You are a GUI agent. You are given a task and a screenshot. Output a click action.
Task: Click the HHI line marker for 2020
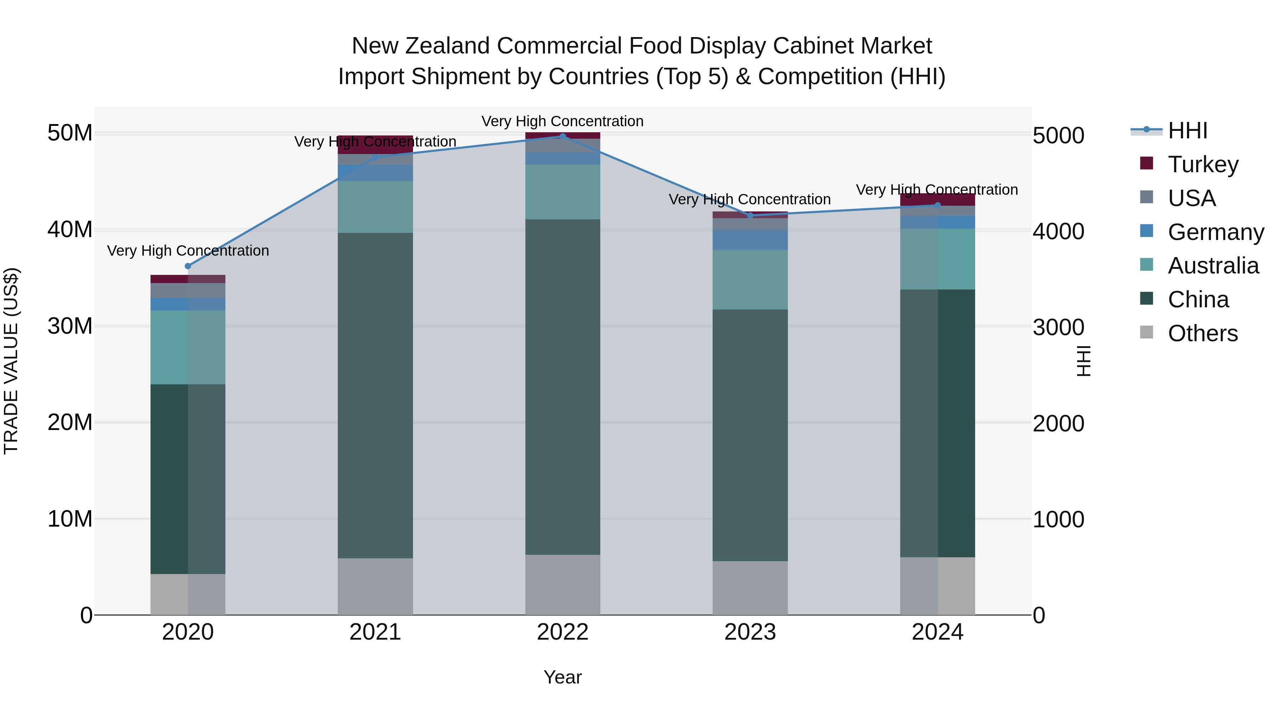point(188,266)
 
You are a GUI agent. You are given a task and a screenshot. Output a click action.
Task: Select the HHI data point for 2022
point(563,136)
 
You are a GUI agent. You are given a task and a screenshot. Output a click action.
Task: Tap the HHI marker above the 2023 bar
point(750,216)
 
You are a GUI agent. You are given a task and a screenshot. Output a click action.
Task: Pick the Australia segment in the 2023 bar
point(750,280)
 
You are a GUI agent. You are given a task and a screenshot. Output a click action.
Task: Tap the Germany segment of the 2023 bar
point(750,240)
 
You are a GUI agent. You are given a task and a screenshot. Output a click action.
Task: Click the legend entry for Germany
point(1215,232)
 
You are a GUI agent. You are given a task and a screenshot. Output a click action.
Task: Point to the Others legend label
point(1203,333)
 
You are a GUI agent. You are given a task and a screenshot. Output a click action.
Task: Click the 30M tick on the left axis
point(70,326)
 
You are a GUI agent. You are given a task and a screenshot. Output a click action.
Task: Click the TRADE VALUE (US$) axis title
point(11,361)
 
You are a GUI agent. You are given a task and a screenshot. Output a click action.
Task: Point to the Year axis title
point(563,677)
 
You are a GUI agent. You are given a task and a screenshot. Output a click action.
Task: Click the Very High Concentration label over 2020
point(188,251)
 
